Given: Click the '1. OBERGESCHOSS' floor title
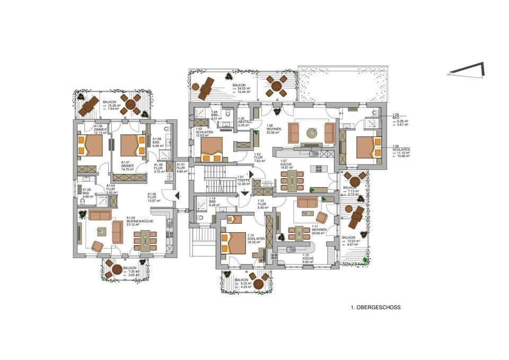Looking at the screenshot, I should (375, 307).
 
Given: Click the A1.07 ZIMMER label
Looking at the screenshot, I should (126, 164).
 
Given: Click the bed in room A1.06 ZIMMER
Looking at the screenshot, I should (90, 145).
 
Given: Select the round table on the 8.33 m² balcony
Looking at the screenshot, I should (259, 284).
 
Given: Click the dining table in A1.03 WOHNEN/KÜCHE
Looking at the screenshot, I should (145, 240).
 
